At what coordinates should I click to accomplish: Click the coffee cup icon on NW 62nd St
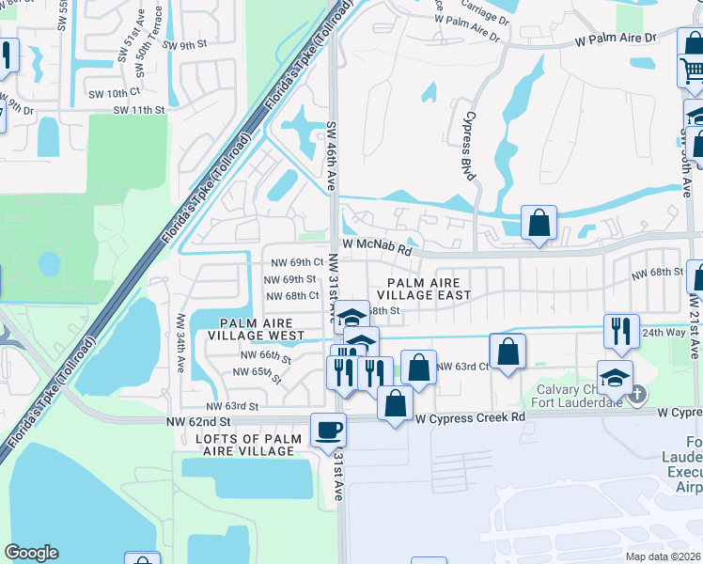coord(328,430)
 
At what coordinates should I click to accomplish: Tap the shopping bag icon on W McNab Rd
coord(539,223)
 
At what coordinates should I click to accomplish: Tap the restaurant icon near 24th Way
coord(621,330)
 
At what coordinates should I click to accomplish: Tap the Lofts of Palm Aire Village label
coord(249,445)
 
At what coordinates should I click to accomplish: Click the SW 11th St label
coord(138,110)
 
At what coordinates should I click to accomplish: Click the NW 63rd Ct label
coord(463,367)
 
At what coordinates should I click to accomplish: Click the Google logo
coord(31,553)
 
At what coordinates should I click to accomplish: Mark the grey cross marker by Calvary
coord(637,393)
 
